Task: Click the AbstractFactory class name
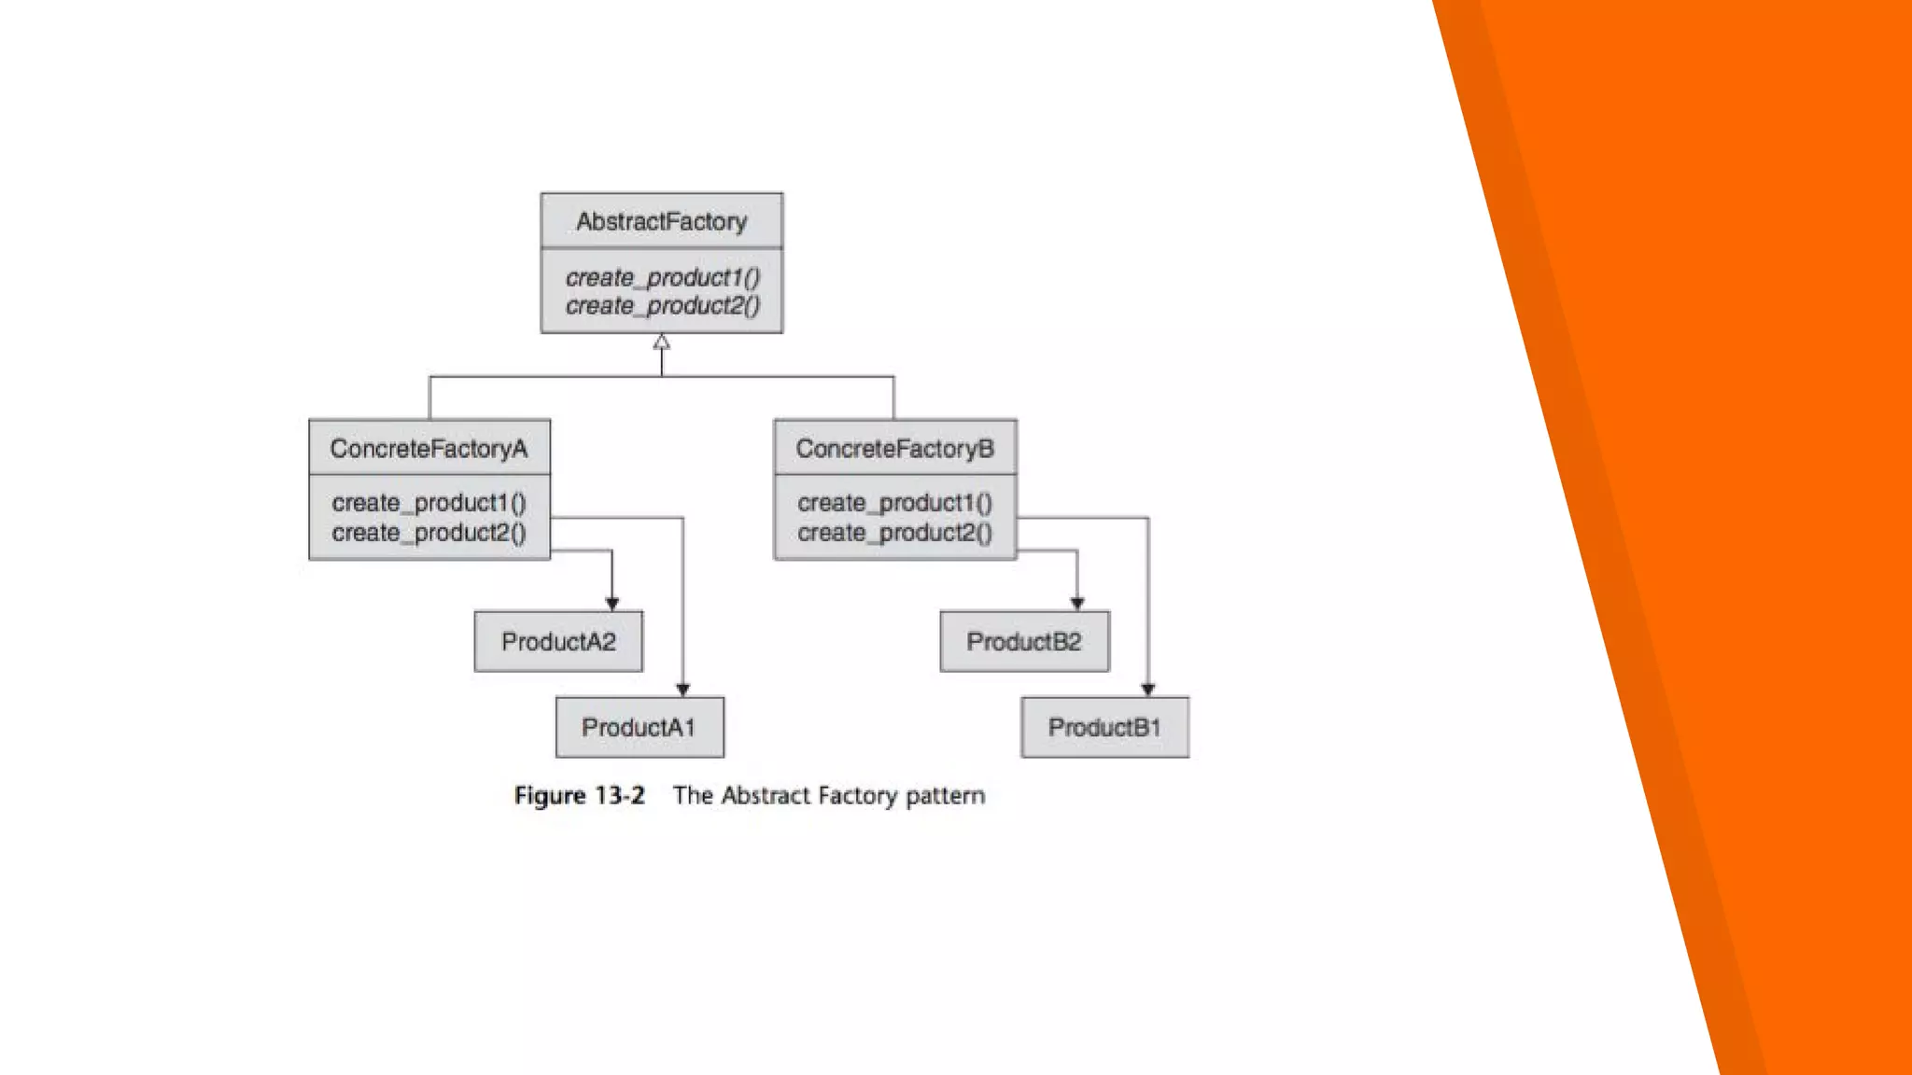click(x=661, y=221)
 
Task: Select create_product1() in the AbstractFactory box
click(x=662, y=277)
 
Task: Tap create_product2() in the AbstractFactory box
click(x=662, y=305)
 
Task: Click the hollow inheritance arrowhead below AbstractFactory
click(x=662, y=342)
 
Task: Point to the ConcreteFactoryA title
click(x=429, y=449)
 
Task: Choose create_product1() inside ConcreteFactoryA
click(x=429, y=503)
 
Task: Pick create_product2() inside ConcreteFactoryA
click(x=429, y=533)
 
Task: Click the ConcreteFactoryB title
click(x=894, y=449)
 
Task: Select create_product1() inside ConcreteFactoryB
click(x=894, y=503)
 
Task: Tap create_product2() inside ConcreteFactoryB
click(x=894, y=533)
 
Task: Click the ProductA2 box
click(x=558, y=642)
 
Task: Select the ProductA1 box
click(x=640, y=727)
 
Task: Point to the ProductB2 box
click(x=1024, y=642)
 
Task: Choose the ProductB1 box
click(x=1104, y=727)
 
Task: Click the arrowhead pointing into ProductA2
click(x=612, y=604)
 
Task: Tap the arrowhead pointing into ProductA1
click(x=683, y=690)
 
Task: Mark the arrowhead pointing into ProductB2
click(x=1077, y=604)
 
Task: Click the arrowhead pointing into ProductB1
click(x=1148, y=690)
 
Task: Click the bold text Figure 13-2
click(x=580, y=796)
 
